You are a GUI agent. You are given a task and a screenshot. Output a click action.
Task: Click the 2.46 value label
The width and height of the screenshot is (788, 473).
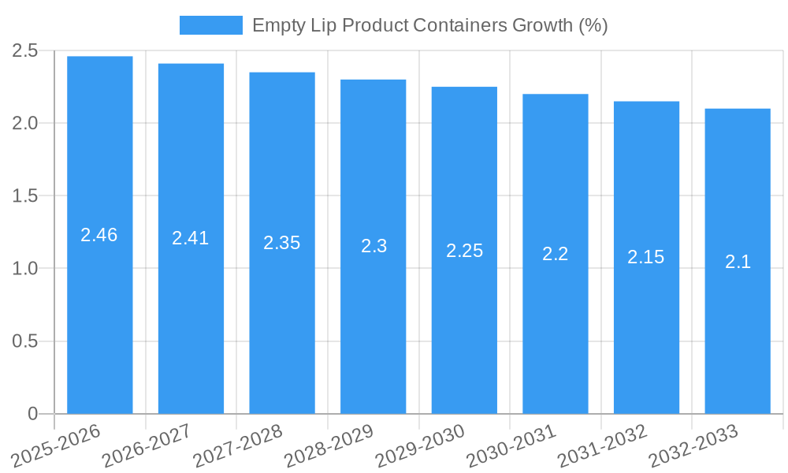[99, 235]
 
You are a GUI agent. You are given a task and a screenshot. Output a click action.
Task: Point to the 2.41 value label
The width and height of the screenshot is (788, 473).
[191, 238]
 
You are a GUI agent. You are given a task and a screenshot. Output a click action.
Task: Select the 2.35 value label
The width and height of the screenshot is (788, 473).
[282, 243]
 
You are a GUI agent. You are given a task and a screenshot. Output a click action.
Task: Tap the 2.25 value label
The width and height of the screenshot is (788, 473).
[464, 251]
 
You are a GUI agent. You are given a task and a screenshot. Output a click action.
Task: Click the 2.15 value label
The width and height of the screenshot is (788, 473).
[646, 257]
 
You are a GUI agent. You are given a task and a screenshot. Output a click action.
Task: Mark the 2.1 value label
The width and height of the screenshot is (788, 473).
[738, 263]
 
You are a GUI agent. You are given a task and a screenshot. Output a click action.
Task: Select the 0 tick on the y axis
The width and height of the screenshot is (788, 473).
[32, 414]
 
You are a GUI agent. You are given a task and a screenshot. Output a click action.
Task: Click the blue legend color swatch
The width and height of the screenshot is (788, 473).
[210, 25]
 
